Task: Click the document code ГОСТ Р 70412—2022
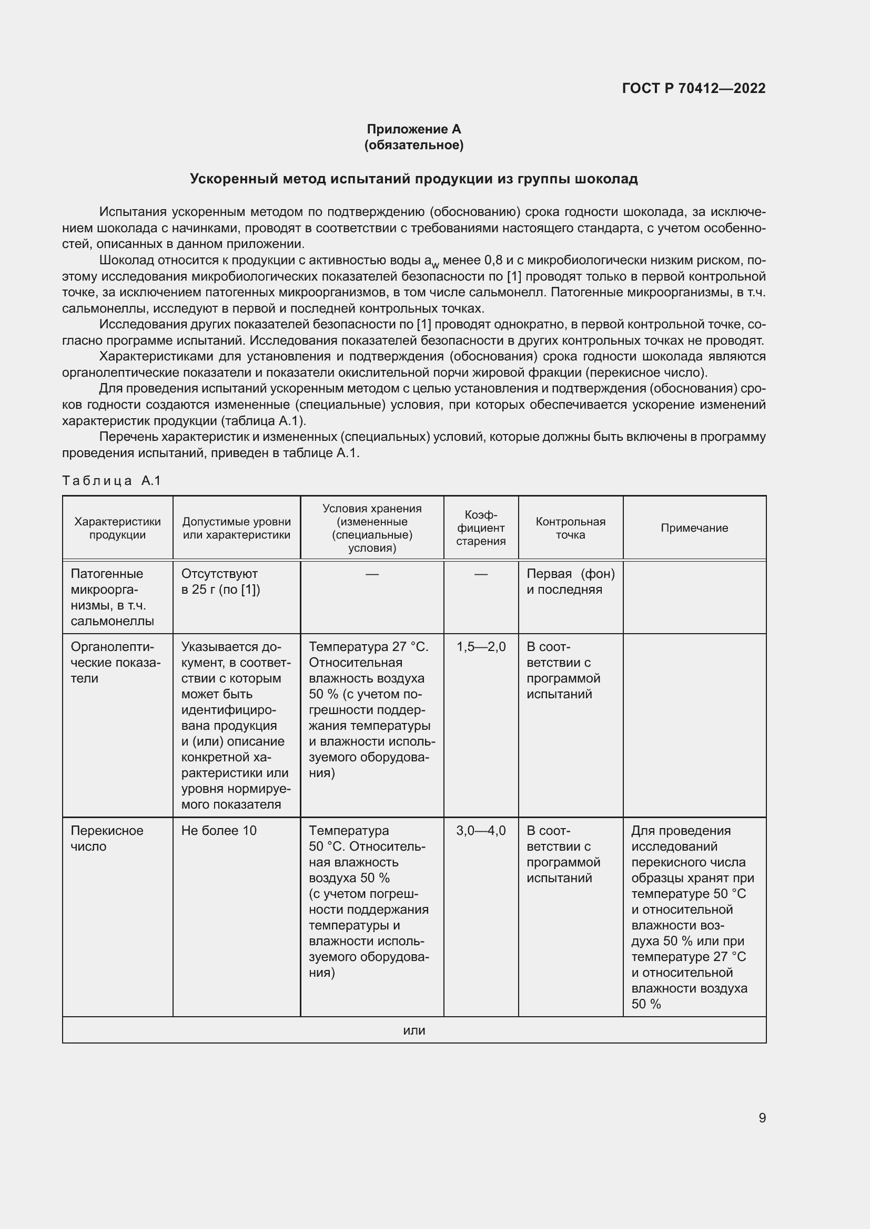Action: point(693,88)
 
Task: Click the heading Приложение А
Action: point(413,129)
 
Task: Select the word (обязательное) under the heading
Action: point(413,145)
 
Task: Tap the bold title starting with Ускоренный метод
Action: point(413,179)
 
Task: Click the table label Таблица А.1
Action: point(112,481)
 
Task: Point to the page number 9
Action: point(762,1118)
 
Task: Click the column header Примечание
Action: point(694,528)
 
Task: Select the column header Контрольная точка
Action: point(570,528)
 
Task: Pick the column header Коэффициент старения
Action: point(481,528)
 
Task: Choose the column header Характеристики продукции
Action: point(117,528)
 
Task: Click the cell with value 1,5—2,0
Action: point(481,647)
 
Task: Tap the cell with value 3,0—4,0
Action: point(481,831)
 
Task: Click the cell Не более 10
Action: point(219,831)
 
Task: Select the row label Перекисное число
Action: point(107,838)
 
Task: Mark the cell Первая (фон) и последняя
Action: point(570,582)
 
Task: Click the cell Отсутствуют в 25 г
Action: point(220,582)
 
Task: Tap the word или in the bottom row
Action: point(413,1030)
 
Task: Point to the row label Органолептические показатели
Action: point(115,663)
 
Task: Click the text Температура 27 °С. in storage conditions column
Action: point(369,647)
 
